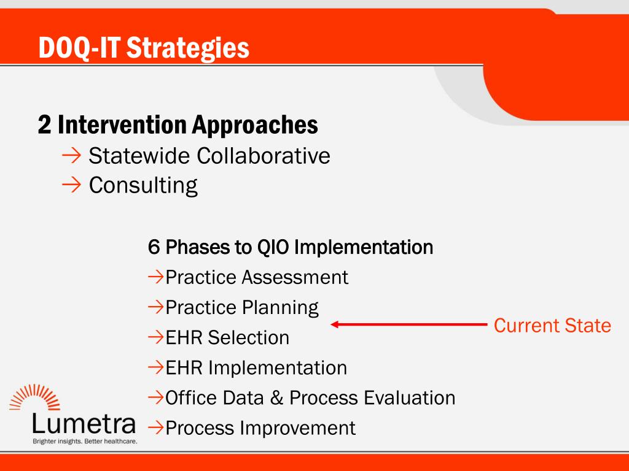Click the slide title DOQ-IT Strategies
point(144,48)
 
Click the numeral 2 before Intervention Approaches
point(44,124)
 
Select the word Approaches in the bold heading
point(255,126)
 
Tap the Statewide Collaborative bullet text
point(209,155)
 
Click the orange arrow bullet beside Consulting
point(71,185)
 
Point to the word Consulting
point(143,185)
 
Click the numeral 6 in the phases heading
point(154,247)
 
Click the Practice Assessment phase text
point(257,277)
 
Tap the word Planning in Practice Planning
point(280,308)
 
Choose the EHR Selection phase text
point(227,338)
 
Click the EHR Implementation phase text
point(256,368)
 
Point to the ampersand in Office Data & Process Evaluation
point(276,398)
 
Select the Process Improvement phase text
point(260,428)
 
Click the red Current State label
point(552,325)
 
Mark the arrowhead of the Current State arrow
point(335,324)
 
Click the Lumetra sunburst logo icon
point(34,397)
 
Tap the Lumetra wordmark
point(84,424)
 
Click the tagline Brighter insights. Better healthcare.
point(85,442)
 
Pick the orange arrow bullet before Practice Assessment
point(155,277)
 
